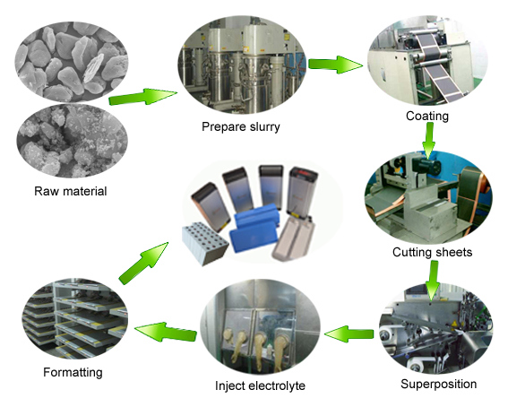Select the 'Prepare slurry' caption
pyautogui.click(x=240, y=126)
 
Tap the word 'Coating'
pyautogui.click(x=428, y=116)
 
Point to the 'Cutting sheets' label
pyautogui.click(x=431, y=252)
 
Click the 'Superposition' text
pyautogui.click(x=437, y=384)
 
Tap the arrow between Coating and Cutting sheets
pyautogui.click(x=429, y=137)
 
